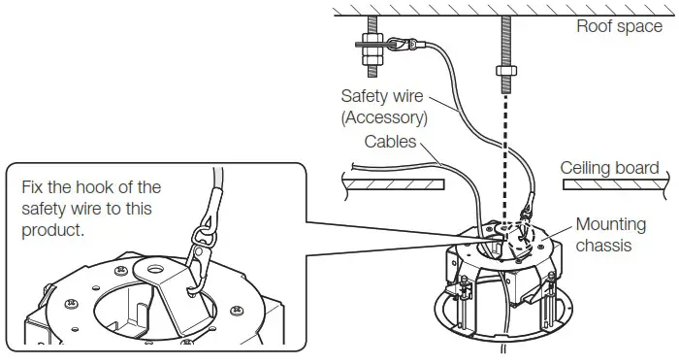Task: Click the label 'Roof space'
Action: coord(619,26)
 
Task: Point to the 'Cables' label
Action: coord(391,142)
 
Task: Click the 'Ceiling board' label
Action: coord(609,168)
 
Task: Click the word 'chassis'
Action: coord(603,245)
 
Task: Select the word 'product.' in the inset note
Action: coord(53,231)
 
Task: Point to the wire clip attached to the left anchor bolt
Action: coord(400,43)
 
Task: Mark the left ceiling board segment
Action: coord(393,182)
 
